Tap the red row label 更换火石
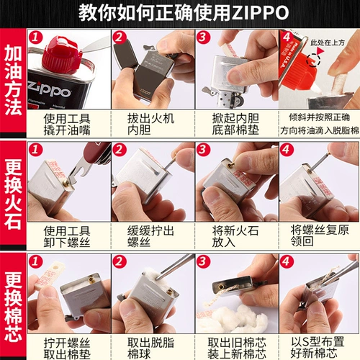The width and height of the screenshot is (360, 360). click(12, 193)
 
